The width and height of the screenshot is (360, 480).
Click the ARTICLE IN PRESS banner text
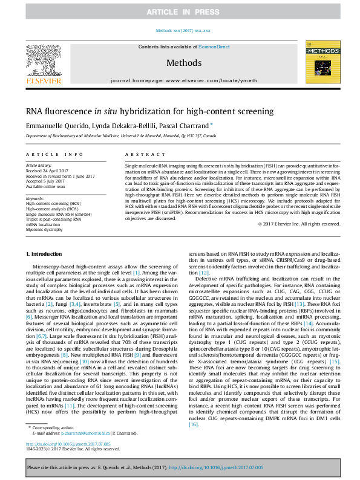click(x=180, y=11)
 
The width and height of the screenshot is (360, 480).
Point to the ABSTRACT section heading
click(x=137, y=155)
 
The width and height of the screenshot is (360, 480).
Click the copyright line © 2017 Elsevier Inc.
click(x=293, y=224)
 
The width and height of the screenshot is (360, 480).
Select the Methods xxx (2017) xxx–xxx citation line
click(x=183, y=30)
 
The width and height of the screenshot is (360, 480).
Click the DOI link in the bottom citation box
click(x=217, y=467)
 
